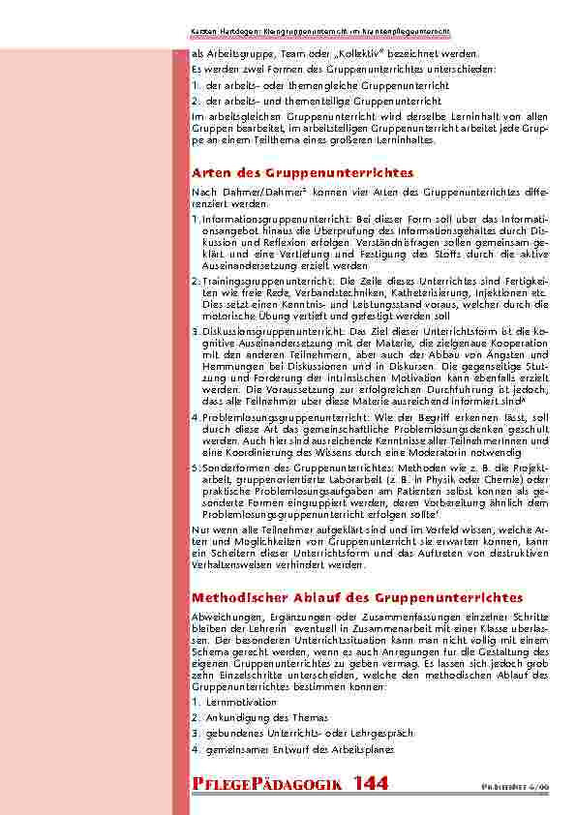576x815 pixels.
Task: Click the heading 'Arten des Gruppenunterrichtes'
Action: click(x=303, y=172)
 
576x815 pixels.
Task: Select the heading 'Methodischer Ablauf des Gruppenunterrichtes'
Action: click(x=357, y=598)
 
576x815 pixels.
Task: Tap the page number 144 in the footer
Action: click(x=371, y=784)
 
